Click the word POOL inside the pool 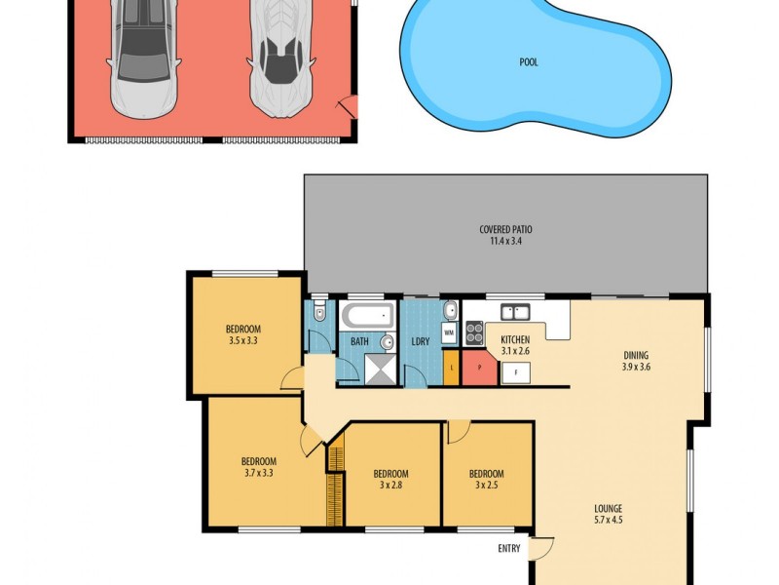coord(529,62)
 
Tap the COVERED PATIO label coord(505,235)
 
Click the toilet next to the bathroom coord(318,315)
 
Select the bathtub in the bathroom coord(366,315)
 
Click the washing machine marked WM coord(449,333)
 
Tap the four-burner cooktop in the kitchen coord(474,332)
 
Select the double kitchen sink coord(514,312)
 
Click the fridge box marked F coord(515,370)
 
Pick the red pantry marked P coord(479,370)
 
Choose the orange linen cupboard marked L coord(452,369)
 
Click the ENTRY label coord(509,549)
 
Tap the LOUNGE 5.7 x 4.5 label coord(609,514)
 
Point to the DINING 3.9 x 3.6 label coord(636,361)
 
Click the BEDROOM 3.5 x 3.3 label coord(243,334)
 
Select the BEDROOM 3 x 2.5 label coord(486,478)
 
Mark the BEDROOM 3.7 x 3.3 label coord(259,468)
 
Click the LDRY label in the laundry coord(422,341)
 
